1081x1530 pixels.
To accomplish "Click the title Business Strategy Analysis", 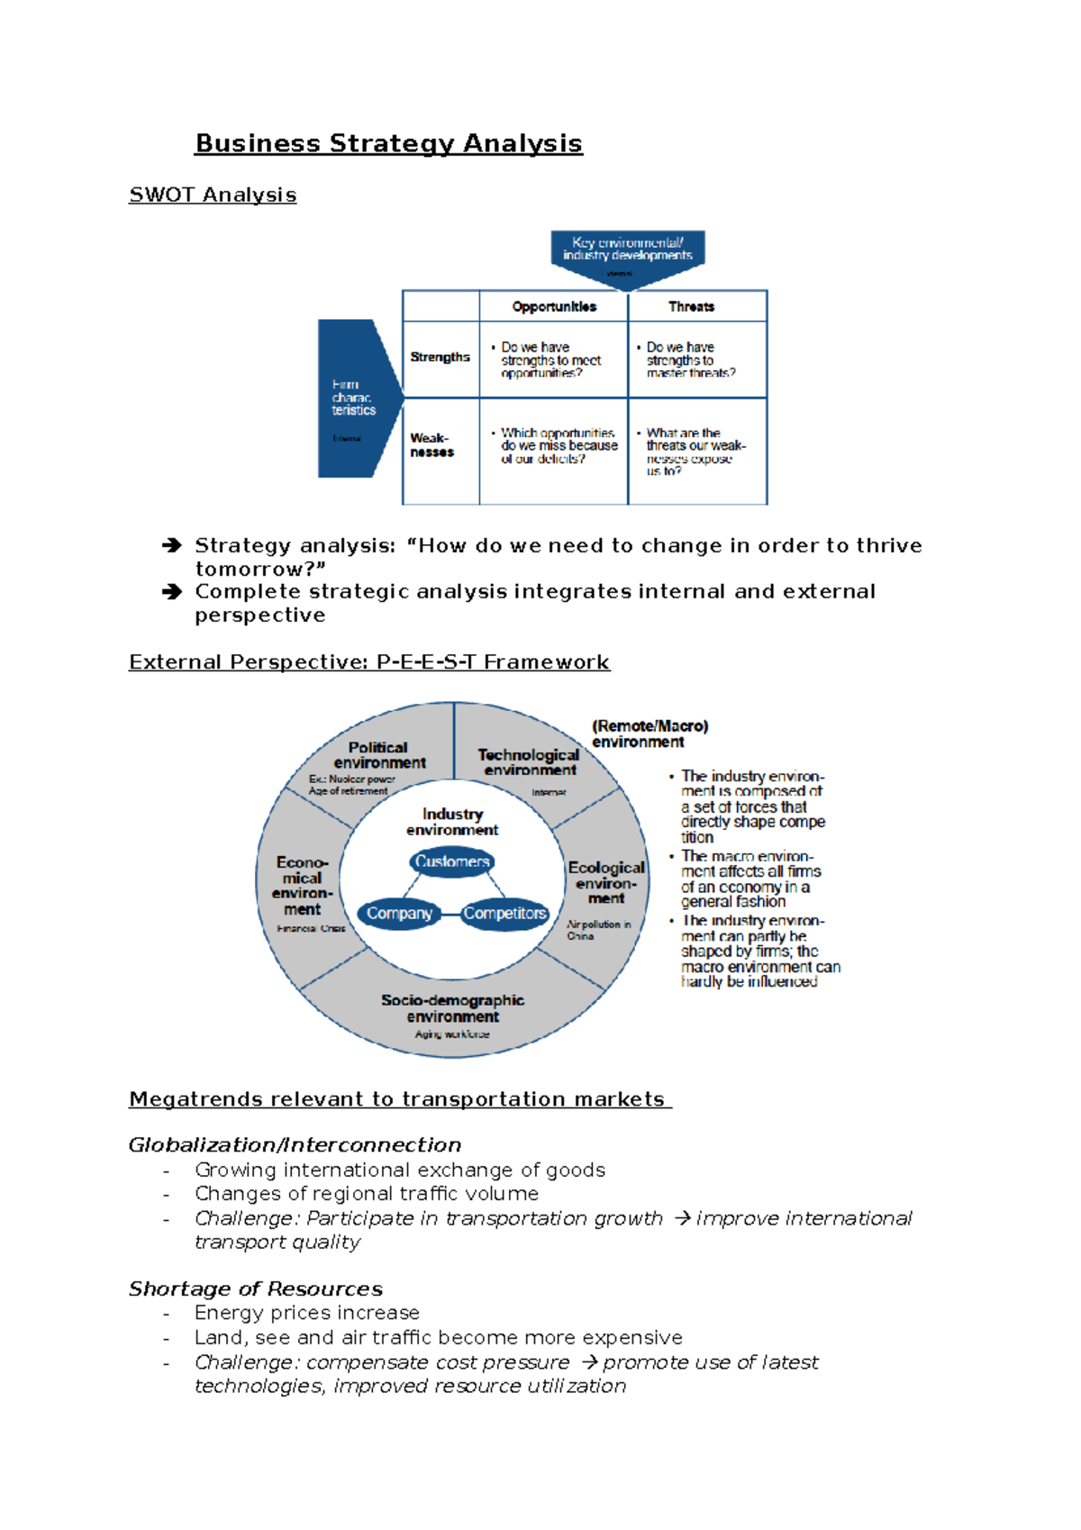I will [388, 143].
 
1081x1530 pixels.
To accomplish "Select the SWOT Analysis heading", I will [213, 195].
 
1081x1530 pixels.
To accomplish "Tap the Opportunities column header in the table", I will [554, 306].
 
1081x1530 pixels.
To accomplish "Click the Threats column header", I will [691, 306].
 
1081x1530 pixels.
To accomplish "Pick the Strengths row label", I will [440, 357].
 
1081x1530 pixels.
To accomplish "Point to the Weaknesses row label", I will [431, 445].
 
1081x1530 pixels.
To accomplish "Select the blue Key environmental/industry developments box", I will [628, 252].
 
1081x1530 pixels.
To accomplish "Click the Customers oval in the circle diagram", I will [451, 861].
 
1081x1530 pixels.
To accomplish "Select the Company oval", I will [399, 914].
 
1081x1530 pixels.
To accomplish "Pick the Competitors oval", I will [504, 914].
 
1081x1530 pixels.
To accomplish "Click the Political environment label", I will [379, 755].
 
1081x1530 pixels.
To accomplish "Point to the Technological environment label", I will [529, 762].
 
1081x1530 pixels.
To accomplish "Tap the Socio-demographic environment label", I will [452, 1008].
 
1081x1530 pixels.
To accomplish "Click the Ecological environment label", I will [606, 882].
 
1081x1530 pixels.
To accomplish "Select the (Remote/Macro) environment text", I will [650, 733].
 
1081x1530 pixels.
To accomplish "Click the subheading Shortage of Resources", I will [255, 1289].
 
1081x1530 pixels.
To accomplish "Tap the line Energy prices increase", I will [307, 1313].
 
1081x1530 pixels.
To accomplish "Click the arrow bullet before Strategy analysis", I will [171, 545].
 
